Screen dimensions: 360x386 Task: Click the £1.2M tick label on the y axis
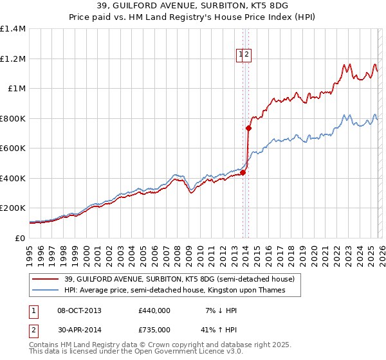(x=13, y=59)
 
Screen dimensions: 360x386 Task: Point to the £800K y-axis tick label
(x=13, y=118)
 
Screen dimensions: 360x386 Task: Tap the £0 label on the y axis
(x=20, y=238)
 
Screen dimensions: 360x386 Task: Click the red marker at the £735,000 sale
(x=248, y=128)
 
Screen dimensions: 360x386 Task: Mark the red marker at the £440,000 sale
(x=243, y=172)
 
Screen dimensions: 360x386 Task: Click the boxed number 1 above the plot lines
(x=241, y=55)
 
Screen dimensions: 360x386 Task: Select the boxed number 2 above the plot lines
(x=247, y=55)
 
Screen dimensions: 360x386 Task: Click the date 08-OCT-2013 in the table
(x=78, y=310)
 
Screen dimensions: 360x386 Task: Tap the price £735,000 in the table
(x=154, y=330)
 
